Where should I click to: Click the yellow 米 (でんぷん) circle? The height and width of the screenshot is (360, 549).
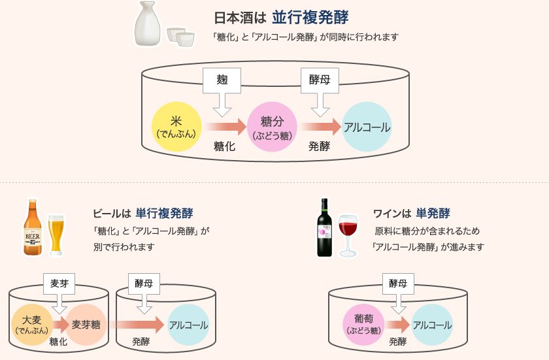click(176, 127)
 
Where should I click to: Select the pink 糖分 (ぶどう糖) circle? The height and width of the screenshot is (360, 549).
click(272, 127)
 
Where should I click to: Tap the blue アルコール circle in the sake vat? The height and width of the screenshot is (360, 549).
click(367, 127)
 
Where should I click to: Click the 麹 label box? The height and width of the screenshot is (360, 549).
click(222, 81)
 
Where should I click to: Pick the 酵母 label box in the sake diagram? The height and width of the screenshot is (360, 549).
click(320, 81)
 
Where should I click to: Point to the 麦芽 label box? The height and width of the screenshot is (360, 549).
click(59, 283)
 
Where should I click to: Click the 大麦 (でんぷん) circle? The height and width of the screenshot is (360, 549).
click(32, 324)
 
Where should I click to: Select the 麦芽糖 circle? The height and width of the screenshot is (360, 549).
click(86, 324)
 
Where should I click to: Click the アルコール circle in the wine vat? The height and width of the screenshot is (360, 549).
click(431, 324)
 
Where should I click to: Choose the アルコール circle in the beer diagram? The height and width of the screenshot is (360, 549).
click(188, 324)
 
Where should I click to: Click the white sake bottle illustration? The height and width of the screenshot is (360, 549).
click(148, 24)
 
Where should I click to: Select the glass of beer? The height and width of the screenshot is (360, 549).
click(56, 235)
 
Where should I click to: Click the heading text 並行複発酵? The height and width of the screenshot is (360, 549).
click(310, 16)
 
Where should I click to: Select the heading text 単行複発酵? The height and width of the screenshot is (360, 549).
click(164, 213)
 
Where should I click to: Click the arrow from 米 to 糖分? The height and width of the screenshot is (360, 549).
click(224, 127)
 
